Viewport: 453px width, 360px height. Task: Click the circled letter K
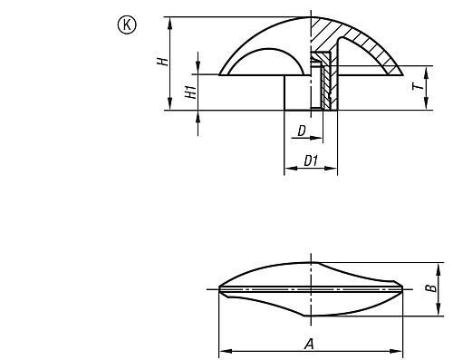pos(127,25)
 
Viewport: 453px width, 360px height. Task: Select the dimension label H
pos(163,62)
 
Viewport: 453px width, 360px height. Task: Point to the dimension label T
pos(419,87)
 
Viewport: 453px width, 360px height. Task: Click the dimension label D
pos(302,131)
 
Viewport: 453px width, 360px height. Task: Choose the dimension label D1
pos(311,161)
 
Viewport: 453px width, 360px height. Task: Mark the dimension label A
pos(309,344)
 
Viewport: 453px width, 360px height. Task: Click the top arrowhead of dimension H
pos(170,23)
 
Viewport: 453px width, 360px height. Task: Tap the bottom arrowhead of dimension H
pos(170,104)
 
